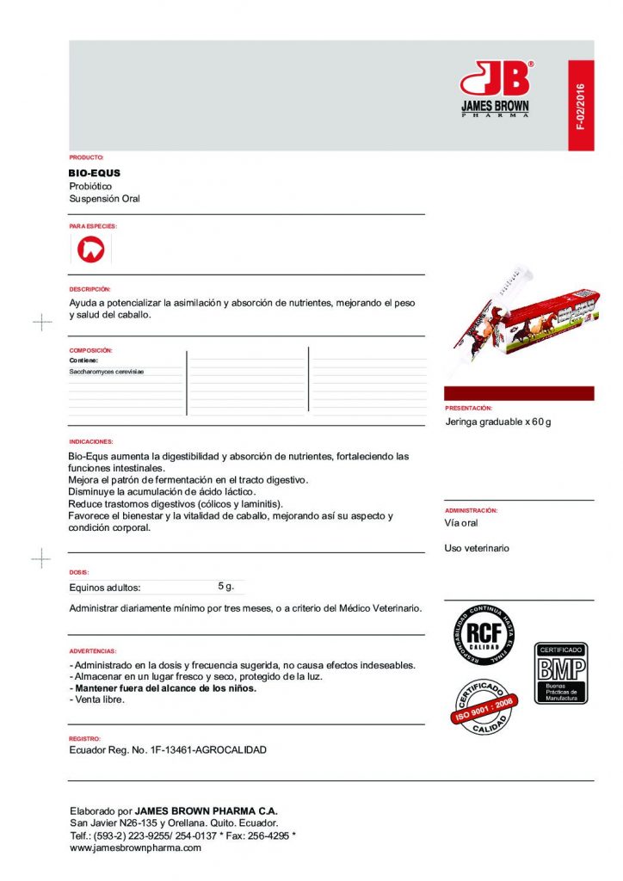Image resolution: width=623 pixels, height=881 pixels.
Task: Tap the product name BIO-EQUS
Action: click(x=95, y=173)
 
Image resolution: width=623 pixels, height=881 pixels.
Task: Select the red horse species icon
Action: click(x=89, y=250)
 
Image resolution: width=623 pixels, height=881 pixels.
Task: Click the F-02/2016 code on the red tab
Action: click(x=581, y=108)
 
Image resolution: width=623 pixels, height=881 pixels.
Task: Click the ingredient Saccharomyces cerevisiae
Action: click(x=107, y=372)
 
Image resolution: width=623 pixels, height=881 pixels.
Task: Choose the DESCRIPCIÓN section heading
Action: click(x=90, y=290)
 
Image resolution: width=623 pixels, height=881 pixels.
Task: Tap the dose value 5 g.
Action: click(x=226, y=586)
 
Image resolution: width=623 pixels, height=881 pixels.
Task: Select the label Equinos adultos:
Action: click(x=104, y=588)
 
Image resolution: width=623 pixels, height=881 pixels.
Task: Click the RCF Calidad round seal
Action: click(x=484, y=635)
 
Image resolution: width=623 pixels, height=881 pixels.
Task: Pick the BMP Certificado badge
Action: click(x=561, y=673)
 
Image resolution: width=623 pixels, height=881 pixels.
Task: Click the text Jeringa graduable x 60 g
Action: click(x=498, y=422)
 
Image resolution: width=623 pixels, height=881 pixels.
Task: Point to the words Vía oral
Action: click(x=461, y=523)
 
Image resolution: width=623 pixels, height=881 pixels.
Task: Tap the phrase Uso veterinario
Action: click(x=477, y=548)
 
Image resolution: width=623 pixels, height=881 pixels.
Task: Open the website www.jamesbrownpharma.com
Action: click(x=135, y=847)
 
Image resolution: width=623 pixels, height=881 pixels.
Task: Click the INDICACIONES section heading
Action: click(x=91, y=440)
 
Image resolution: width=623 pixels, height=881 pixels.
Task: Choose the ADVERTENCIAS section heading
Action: click(x=93, y=651)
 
